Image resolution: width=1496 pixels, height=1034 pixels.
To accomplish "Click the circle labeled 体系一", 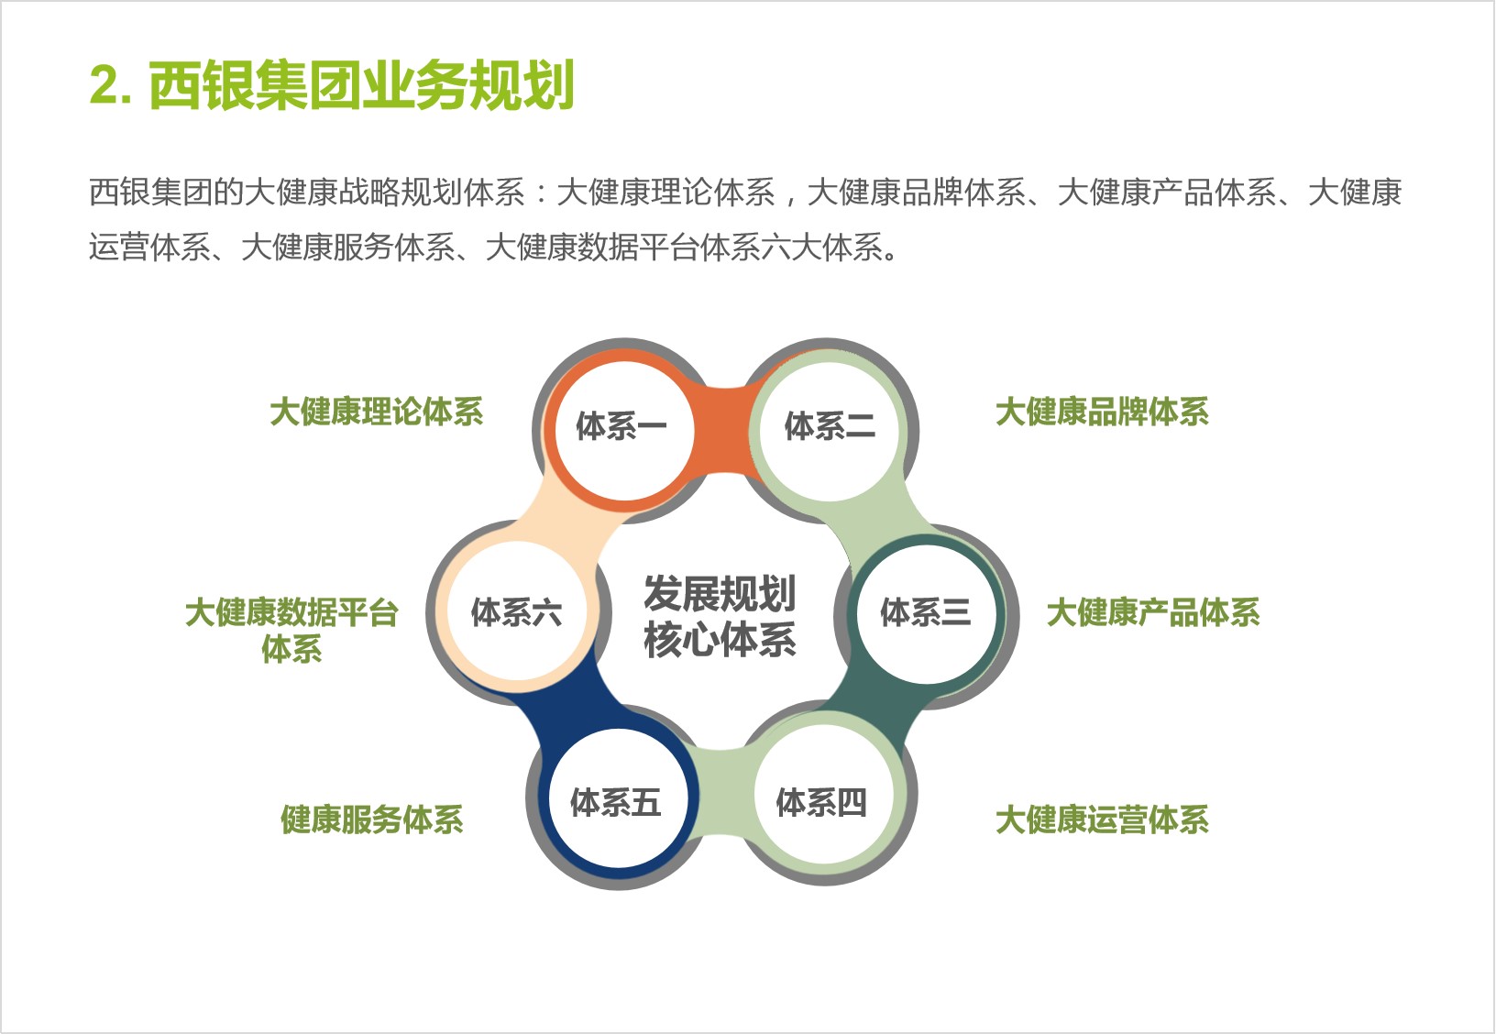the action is tap(623, 430).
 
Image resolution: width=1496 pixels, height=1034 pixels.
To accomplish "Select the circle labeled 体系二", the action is tap(829, 430).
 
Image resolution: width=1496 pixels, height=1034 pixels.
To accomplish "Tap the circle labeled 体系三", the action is tap(926, 614).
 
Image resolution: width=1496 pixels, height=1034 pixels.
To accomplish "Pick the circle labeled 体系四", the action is tap(823, 797).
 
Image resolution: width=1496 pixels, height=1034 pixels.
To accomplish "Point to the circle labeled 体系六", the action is tap(517, 610).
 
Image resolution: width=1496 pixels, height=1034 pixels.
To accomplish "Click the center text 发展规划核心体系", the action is tap(720, 616).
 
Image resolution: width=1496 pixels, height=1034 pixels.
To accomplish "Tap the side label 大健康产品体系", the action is tap(1153, 611).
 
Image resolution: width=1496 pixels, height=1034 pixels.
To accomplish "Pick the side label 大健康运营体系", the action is tap(1102, 819).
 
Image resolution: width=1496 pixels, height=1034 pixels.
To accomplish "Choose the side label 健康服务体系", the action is tap(372, 819).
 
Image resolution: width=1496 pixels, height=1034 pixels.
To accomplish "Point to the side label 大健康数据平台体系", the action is tap(291, 630).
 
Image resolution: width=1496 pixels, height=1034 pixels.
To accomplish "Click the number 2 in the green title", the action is tap(105, 85).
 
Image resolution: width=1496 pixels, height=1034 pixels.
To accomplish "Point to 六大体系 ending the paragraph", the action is tap(821, 247).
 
